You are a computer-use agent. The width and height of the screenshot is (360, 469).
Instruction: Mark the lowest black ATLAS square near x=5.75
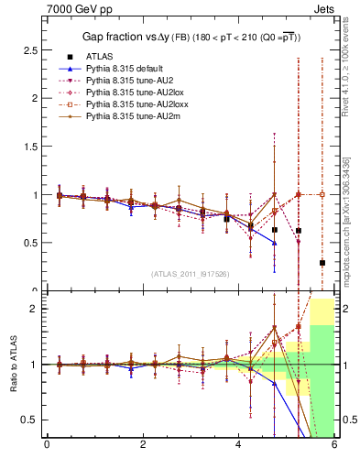(x=322, y=263)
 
